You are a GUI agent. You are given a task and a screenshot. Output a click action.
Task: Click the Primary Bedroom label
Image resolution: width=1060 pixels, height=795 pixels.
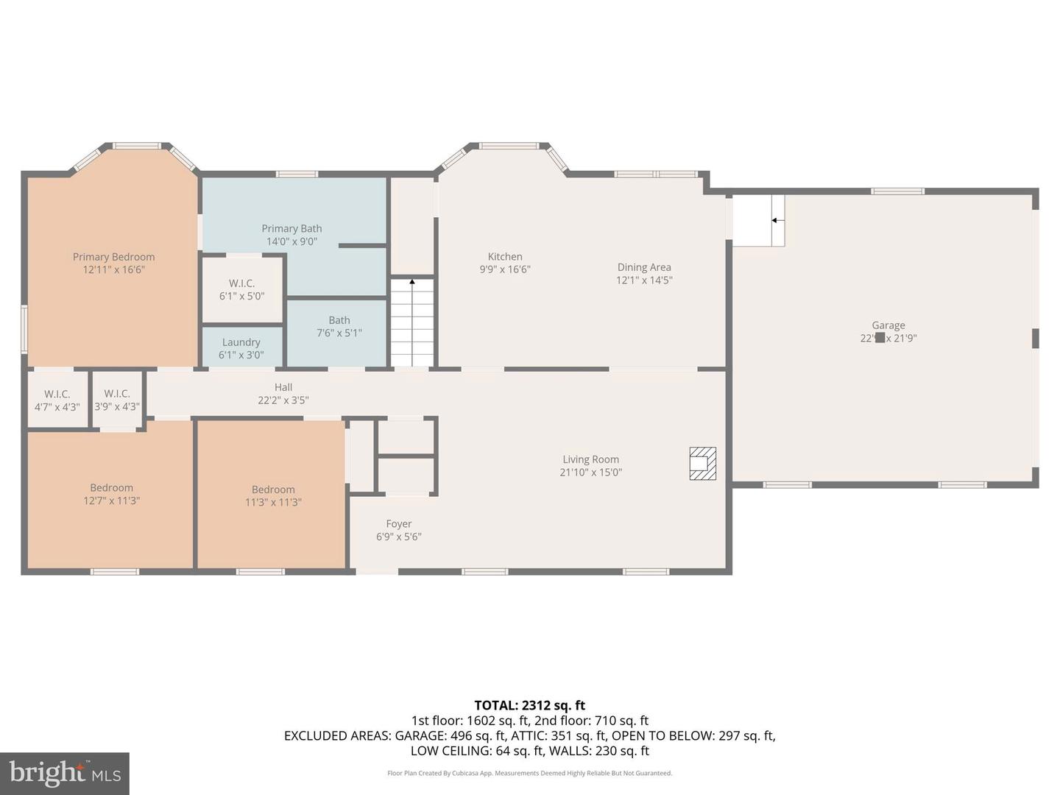click(113, 257)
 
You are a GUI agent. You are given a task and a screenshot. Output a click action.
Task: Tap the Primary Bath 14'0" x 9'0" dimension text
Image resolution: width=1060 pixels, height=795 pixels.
click(291, 241)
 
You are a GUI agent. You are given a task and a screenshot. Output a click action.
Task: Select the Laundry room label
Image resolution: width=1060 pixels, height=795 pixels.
click(241, 342)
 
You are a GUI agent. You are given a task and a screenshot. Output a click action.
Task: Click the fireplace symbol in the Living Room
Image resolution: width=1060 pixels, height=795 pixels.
click(702, 464)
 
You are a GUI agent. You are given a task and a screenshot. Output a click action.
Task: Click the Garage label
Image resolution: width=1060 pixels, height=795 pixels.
click(888, 325)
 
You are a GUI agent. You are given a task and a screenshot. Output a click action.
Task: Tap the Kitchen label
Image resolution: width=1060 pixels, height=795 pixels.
click(505, 257)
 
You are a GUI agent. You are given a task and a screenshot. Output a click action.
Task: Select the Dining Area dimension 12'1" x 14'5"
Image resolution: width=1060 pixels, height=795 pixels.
click(644, 280)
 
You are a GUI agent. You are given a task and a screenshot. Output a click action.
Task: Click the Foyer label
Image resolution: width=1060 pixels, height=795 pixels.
click(398, 524)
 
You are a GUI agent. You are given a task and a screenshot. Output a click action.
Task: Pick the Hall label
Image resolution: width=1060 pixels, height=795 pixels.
click(283, 387)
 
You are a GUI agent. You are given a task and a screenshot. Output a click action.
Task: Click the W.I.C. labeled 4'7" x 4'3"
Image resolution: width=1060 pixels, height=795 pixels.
click(57, 400)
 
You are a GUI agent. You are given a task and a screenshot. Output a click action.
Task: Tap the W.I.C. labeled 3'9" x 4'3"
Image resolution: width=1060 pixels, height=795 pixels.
click(117, 400)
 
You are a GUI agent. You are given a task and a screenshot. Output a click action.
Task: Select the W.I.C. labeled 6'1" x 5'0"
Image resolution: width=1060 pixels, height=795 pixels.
click(241, 289)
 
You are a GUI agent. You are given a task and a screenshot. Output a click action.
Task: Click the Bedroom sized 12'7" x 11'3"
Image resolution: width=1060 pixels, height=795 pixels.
click(111, 494)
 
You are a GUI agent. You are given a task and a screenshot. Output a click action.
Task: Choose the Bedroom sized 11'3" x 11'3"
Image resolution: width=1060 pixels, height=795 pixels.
click(273, 495)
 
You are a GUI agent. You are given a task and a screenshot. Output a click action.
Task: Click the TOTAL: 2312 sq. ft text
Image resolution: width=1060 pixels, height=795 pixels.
click(529, 705)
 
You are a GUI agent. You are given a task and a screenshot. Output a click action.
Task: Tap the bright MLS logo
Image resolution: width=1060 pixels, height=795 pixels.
click(65, 773)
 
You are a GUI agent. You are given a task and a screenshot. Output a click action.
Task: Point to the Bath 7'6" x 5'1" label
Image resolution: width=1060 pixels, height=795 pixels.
click(339, 326)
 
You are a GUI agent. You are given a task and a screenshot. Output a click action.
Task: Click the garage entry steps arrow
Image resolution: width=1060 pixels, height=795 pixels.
click(776, 220)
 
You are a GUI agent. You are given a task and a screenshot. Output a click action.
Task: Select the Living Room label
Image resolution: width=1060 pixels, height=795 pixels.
click(590, 459)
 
